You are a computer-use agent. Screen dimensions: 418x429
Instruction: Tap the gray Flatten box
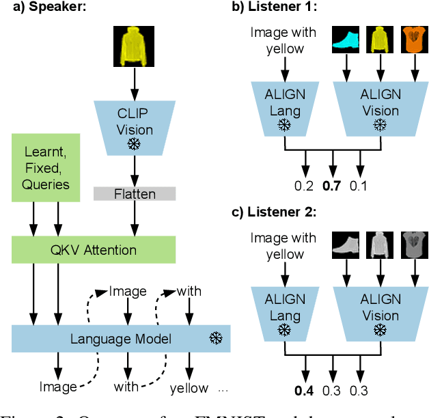coord(135,194)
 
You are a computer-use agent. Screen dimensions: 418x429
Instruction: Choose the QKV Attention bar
coord(94,250)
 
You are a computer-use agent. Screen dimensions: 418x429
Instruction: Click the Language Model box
coord(121,339)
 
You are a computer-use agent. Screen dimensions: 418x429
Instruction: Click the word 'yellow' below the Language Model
coord(189,388)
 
